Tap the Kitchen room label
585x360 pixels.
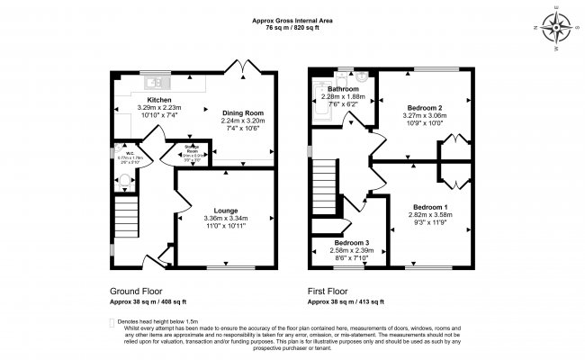(x=159, y=100)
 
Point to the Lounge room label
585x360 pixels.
(x=225, y=210)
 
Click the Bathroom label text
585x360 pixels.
(x=343, y=90)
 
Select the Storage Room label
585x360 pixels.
(x=191, y=149)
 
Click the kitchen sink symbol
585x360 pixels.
(x=152, y=78)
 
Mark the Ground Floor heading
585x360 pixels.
(x=134, y=292)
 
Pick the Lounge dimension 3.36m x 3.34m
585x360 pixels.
(x=225, y=219)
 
